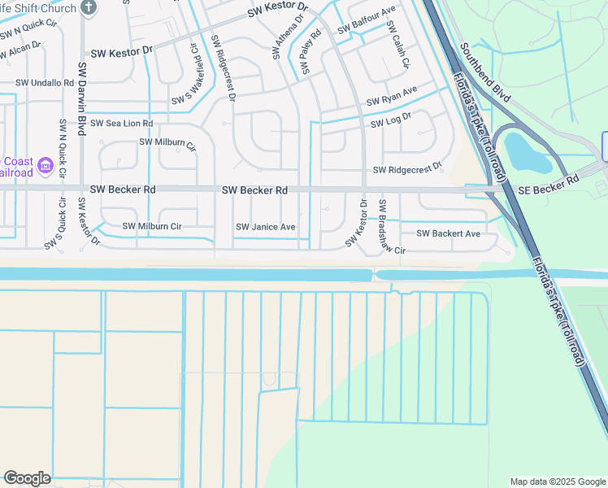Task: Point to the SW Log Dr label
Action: [x=391, y=120]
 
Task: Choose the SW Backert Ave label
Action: [x=448, y=233]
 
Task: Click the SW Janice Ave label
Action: [x=265, y=227]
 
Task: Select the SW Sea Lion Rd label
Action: [x=122, y=124]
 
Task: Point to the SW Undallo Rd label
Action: [x=46, y=83]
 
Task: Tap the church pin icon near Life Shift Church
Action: [x=89, y=8]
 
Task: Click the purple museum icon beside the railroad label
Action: [x=46, y=167]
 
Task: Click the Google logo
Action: [x=27, y=478]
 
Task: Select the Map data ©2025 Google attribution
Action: [x=557, y=481]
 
